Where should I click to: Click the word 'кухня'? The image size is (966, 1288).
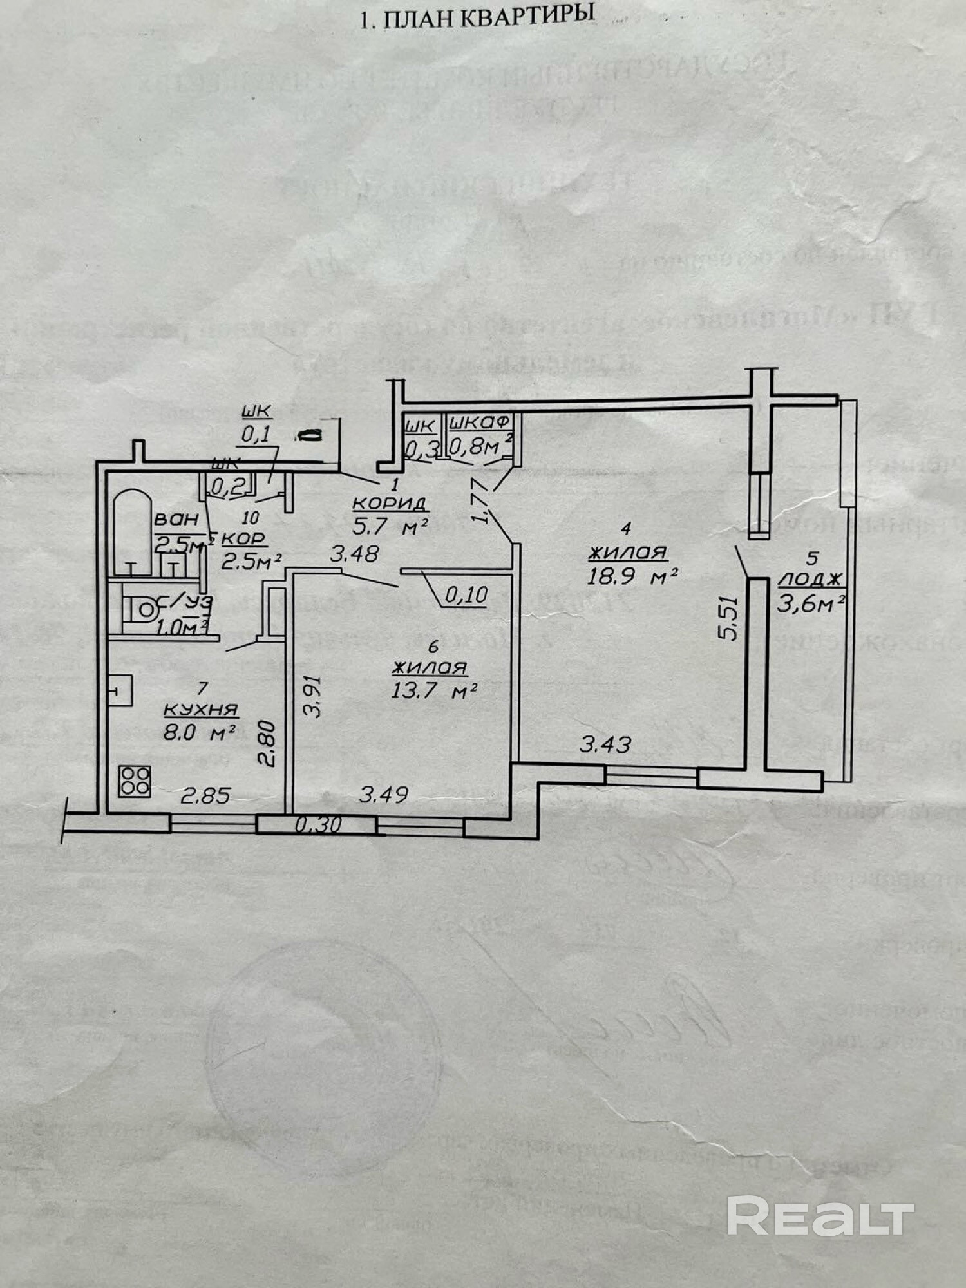[x=201, y=710]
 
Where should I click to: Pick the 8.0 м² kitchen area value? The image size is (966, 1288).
[x=198, y=732]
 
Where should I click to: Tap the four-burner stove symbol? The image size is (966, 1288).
[x=135, y=781]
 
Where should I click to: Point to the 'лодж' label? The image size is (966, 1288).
[x=810, y=579]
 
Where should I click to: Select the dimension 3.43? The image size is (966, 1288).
[x=605, y=745]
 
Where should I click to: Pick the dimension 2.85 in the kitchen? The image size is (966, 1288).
[x=205, y=796]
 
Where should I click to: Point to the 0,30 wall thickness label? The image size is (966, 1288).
[x=318, y=825]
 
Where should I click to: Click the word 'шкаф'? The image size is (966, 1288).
[x=480, y=422]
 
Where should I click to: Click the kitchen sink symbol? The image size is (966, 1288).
[x=120, y=691]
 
